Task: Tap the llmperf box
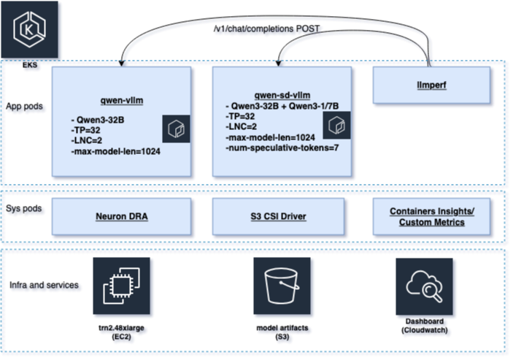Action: point(431,85)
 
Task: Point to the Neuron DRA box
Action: point(121,216)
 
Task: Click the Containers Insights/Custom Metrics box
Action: point(431,216)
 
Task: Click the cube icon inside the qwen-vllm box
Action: point(175,129)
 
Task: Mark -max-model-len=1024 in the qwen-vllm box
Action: point(116,151)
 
